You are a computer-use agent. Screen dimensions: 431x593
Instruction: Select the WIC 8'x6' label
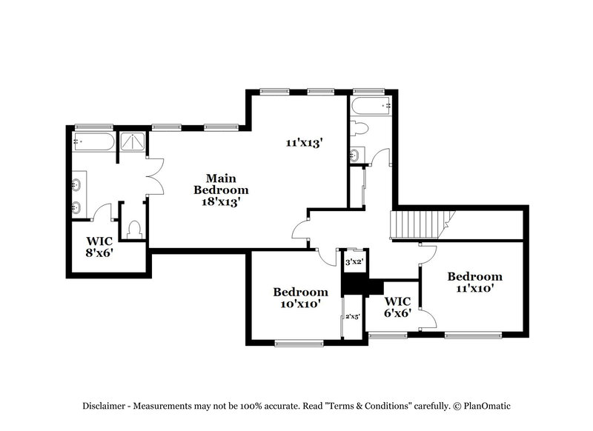pyautogui.click(x=98, y=246)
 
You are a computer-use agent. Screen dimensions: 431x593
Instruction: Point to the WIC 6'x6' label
pyautogui.click(x=397, y=307)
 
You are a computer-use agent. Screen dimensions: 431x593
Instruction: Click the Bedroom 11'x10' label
pyautogui.click(x=474, y=282)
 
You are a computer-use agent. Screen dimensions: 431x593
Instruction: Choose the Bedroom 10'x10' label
pyautogui.click(x=300, y=297)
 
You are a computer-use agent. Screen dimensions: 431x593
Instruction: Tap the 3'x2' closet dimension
pyautogui.click(x=354, y=261)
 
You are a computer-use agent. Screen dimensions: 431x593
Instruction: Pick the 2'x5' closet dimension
pyautogui.click(x=352, y=317)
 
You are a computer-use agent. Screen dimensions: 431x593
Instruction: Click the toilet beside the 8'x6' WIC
pyautogui.click(x=134, y=230)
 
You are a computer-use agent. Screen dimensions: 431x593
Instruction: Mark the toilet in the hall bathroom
pyautogui.click(x=360, y=129)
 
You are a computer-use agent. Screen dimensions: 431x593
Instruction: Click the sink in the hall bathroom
pyautogui.click(x=354, y=155)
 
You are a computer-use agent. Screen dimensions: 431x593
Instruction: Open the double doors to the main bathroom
pyautogui.click(x=154, y=178)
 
